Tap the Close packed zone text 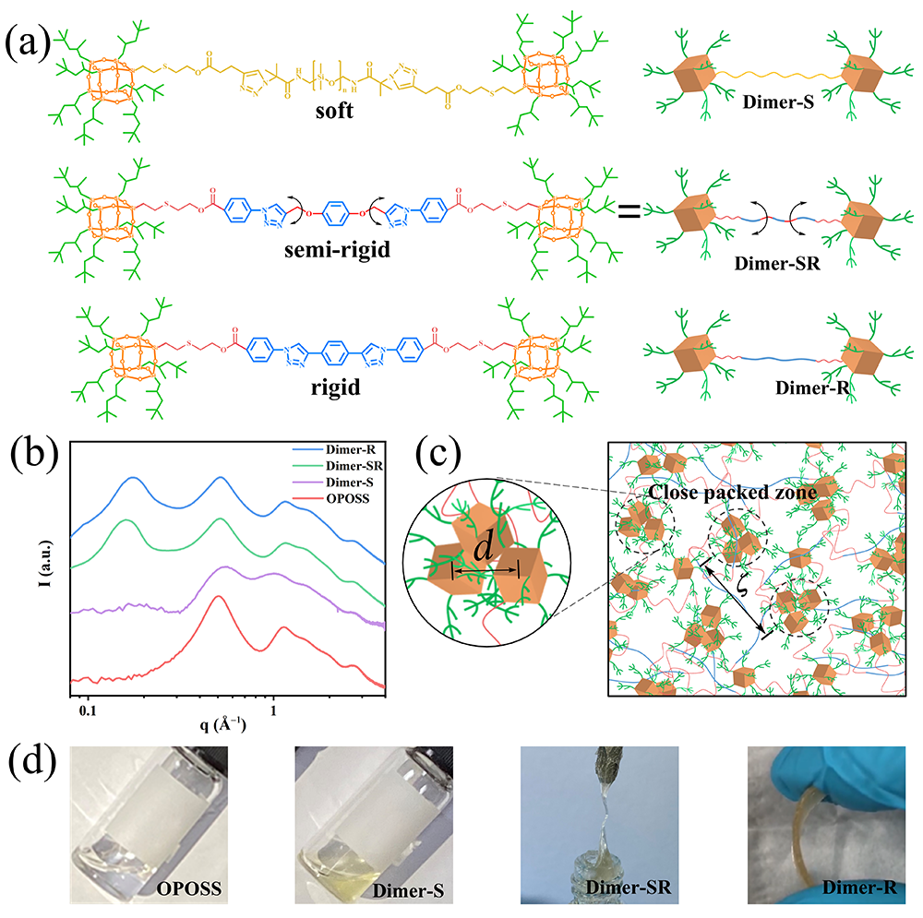point(732,493)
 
